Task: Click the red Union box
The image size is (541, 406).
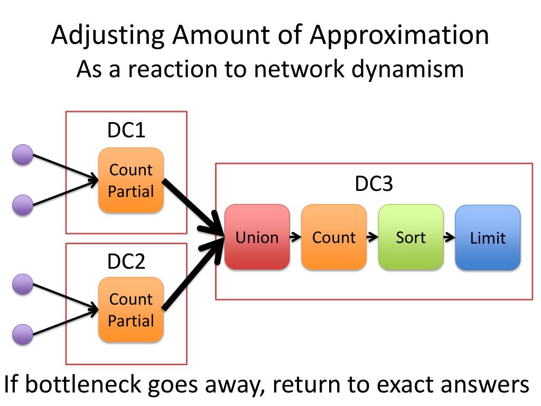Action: tap(257, 237)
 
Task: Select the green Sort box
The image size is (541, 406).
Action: tap(411, 237)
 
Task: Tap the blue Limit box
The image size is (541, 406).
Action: tap(488, 237)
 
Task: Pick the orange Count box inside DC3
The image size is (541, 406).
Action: tap(334, 237)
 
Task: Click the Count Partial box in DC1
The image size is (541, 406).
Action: tap(131, 180)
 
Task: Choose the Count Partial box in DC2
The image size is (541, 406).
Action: tap(131, 310)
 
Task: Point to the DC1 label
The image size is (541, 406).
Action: tap(126, 130)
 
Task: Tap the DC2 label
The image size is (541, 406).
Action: tap(126, 261)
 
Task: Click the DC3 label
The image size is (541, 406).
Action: tap(374, 183)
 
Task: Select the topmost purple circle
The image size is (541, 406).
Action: tap(23, 155)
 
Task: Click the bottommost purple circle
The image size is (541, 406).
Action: tap(23, 334)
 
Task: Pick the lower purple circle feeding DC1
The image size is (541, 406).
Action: tap(23, 205)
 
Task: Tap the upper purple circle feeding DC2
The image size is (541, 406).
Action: tap(23, 284)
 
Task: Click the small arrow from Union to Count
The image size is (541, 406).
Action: tap(295, 237)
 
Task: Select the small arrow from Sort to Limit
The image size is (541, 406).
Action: tap(449, 237)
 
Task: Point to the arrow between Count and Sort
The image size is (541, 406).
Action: tap(372, 237)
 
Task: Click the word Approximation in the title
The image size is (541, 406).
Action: tap(399, 35)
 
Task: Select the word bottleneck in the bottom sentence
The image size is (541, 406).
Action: tap(83, 384)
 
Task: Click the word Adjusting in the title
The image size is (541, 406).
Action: tap(108, 36)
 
